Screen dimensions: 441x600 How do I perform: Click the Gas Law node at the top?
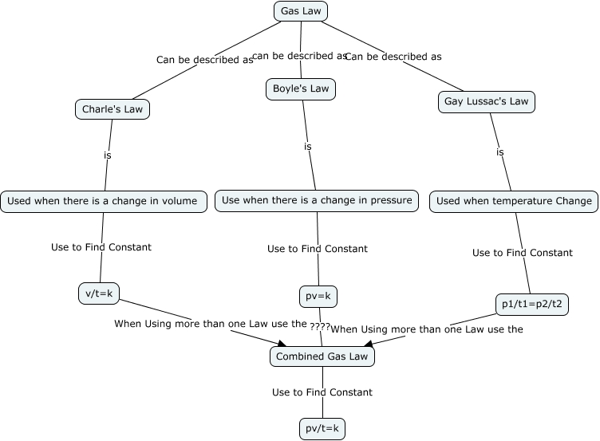pyautogui.click(x=301, y=11)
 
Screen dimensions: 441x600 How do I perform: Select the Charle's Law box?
pyautogui.click(x=112, y=109)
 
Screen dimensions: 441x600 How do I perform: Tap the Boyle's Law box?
pyautogui.click(x=300, y=89)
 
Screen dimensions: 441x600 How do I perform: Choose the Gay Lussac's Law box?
pyautogui.click(x=486, y=102)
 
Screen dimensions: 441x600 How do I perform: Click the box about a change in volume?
pyautogui.click(x=103, y=201)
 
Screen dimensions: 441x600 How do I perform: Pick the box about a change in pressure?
pyautogui.click(x=317, y=200)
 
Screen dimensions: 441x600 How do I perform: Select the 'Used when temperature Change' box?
pyautogui.click(x=514, y=201)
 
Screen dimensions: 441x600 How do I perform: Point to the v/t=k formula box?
pyautogui.click(x=100, y=293)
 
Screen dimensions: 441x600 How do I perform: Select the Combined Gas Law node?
pyautogui.click(x=322, y=356)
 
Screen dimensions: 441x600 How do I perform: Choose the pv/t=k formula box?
pyautogui.click(x=322, y=429)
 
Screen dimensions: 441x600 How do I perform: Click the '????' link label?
pyautogui.click(x=320, y=327)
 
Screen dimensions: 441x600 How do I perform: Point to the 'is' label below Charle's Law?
pyautogui.click(x=107, y=155)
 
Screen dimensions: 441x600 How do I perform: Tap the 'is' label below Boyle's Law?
pyautogui.click(x=307, y=146)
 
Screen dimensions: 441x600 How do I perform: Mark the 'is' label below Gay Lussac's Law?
pyautogui.click(x=500, y=152)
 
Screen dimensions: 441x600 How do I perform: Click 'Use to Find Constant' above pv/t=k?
pyautogui.click(x=322, y=392)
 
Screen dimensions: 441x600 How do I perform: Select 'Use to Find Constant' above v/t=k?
pyautogui.click(x=101, y=247)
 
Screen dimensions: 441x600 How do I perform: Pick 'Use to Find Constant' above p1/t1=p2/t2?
pyautogui.click(x=523, y=253)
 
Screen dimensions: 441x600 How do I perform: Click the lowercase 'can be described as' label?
pyautogui.click(x=299, y=56)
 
